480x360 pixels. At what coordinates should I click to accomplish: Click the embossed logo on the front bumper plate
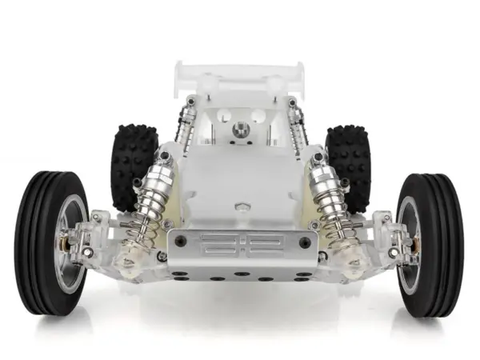[x=238, y=242]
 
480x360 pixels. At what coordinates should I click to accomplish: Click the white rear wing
[x=240, y=74]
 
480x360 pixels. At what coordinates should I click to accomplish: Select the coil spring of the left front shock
[x=149, y=216]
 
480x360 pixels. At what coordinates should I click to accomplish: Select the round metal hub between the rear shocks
[x=240, y=130]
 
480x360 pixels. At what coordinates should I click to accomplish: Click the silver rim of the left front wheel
[x=70, y=240]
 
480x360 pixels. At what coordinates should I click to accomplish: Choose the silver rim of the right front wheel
[x=410, y=240]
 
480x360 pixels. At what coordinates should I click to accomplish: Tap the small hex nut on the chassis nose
[x=240, y=206]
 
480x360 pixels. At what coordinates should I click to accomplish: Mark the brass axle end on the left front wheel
[x=62, y=239]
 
